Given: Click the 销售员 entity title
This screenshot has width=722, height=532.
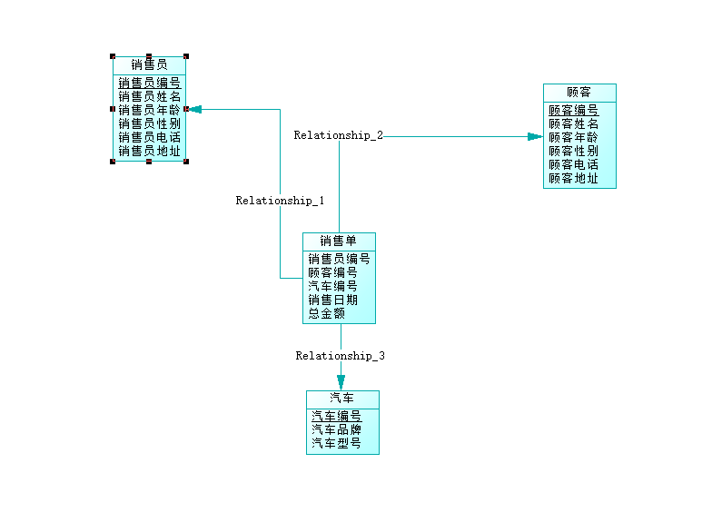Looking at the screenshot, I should [149, 64].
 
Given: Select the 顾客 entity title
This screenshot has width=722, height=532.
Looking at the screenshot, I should [579, 92].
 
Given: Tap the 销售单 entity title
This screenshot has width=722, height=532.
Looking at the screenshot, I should [338, 241].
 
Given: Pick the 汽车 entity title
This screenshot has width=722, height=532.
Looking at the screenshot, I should [341, 399].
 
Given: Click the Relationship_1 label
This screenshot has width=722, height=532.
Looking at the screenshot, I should [280, 201].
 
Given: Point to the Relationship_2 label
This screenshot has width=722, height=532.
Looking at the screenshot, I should [338, 135].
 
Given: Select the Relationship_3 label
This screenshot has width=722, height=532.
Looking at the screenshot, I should [340, 356].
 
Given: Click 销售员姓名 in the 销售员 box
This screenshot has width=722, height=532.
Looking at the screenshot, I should [149, 96].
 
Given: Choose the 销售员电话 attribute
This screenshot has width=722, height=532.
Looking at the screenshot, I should [149, 137].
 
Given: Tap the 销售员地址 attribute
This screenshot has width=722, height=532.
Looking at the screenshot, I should [149, 151].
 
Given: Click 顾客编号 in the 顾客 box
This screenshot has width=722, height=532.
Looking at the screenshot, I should [573, 110].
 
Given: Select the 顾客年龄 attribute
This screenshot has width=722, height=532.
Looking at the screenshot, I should [573, 137].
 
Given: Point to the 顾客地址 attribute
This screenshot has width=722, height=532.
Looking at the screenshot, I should [573, 179].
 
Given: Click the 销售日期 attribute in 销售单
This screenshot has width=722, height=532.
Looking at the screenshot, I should [332, 300].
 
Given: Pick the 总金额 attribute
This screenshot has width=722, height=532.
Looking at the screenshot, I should [326, 313].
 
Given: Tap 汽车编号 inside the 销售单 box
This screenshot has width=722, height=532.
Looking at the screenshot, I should [332, 286].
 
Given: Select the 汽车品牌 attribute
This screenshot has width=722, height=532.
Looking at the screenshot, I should [336, 429].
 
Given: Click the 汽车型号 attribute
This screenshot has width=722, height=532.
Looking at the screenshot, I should [336, 443].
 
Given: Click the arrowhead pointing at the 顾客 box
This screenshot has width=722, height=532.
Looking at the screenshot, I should [535, 137].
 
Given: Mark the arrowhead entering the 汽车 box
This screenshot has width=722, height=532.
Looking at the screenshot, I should [341, 383].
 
